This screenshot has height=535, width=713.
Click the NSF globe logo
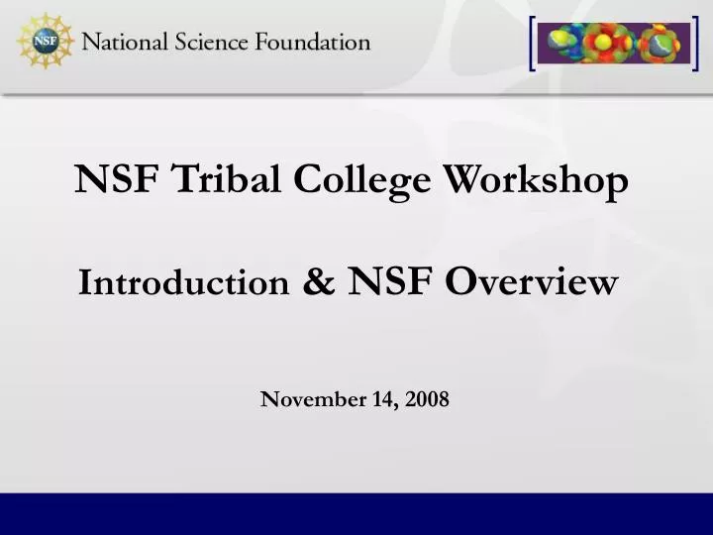(x=45, y=42)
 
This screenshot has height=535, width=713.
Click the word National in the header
(x=125, y=43)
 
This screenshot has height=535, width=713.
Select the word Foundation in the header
(x=313, y=43)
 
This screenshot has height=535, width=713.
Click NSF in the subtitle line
(x=390, y=282)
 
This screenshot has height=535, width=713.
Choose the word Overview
(x=532, y=283)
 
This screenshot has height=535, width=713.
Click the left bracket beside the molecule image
(x=533, y=44)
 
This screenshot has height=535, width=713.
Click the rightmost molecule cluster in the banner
(x=661, y=44)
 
